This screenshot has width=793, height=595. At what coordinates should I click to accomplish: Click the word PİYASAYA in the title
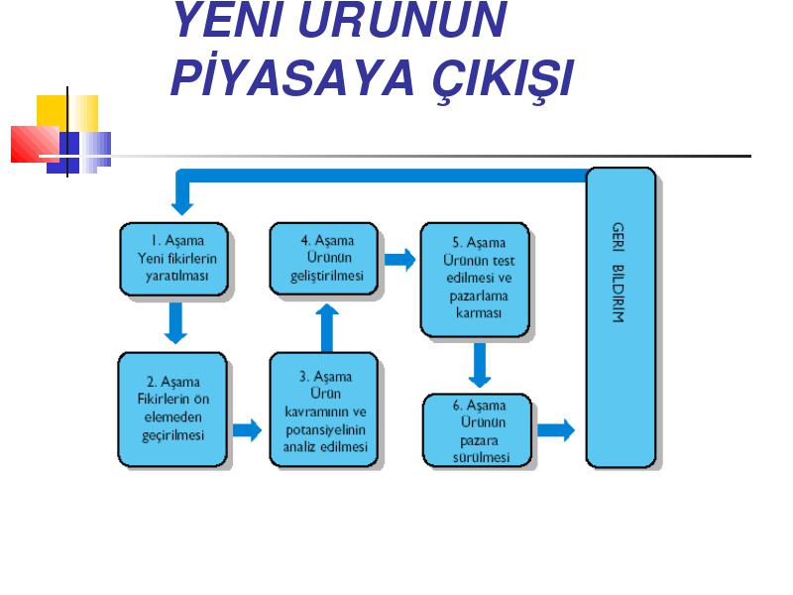292,77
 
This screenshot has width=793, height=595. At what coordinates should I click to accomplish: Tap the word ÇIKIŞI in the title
504,79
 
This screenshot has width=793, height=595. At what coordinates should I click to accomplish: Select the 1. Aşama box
174,259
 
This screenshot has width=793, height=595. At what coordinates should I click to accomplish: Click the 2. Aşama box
172,410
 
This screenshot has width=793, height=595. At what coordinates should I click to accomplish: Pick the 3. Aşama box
324,410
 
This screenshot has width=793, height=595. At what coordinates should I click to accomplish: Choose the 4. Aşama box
324,259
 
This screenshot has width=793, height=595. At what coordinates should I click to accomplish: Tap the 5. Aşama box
476,280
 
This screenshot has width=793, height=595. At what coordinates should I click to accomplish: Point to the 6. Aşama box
478,430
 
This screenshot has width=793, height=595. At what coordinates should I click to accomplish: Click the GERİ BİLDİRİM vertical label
618,272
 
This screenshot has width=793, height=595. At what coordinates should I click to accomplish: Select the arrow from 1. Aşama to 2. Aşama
175,323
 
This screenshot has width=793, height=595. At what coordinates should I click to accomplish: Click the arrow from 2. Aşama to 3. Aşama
247,430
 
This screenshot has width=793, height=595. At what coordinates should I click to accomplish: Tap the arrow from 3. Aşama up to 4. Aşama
327,327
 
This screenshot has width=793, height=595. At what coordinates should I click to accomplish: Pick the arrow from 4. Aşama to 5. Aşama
400,260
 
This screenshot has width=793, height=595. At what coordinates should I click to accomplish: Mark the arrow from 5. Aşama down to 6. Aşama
480,365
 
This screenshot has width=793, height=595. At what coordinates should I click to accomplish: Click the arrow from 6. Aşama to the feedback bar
556,430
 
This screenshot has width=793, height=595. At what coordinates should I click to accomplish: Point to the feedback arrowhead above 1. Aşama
182,208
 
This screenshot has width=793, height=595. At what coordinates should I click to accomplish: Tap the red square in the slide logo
35,144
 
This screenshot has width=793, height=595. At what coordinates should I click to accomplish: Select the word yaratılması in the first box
177,277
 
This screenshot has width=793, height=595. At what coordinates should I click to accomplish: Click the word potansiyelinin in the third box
325,430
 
